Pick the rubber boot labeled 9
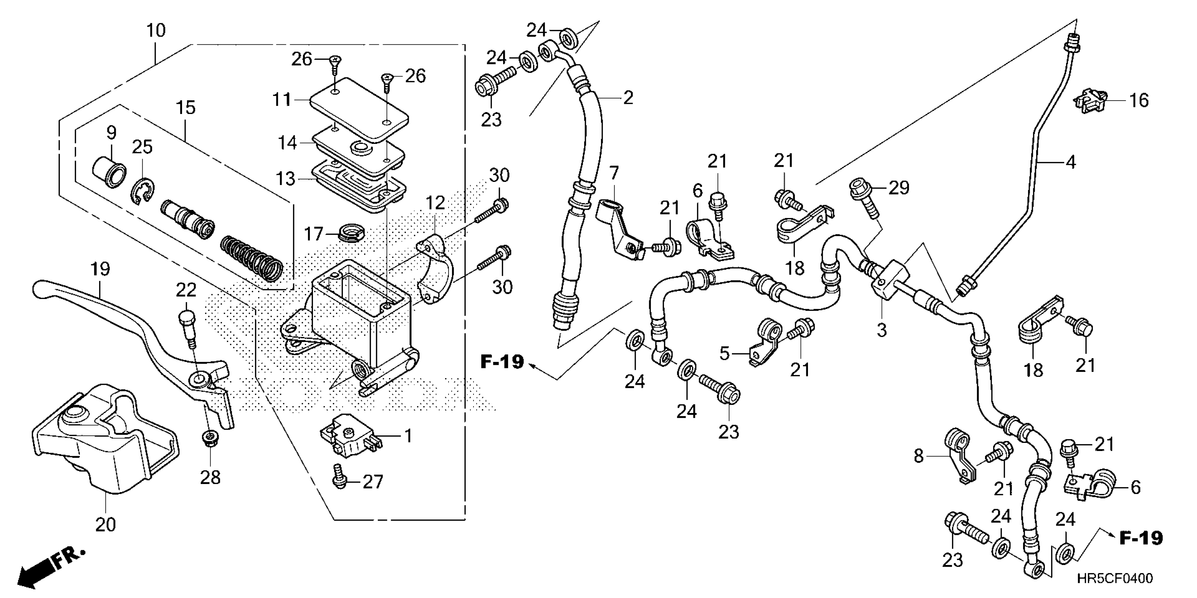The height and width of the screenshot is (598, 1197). pos(111,172)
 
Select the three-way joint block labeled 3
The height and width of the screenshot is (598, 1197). pos(891,281)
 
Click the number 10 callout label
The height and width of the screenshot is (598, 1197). pos(156,31)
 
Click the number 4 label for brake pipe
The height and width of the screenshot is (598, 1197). pos(1071,163)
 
